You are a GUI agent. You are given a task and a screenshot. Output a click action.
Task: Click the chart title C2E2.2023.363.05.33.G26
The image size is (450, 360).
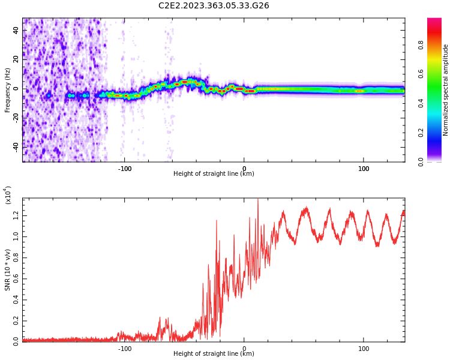pyautogui.click(x=214, y=5)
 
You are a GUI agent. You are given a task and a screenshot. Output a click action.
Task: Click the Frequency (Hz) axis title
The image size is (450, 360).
pyautogui.click(x=8, y=90)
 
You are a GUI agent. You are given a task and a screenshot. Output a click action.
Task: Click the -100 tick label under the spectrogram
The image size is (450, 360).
pyautogui.click(x=124, y=169)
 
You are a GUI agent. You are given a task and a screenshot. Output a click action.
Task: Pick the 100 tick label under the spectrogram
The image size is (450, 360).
pyautogui.click(x=364, y=169)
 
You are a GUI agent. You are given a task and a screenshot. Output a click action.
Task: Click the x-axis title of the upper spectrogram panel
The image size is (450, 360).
pyautogui.click(x=214, y=174)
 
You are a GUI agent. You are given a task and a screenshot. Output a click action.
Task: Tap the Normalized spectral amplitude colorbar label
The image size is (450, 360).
pyautogui.click(x=446, y=90)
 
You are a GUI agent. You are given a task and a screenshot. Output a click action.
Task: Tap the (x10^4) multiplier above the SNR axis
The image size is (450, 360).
pyautogui.click(x=8, y=195)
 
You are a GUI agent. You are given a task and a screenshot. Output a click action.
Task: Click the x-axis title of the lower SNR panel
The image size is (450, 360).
pyautogui.click(x=214, y=353)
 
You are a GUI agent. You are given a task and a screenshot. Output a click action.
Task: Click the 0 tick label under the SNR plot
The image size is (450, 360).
pyautogui.click(x=244, y=348)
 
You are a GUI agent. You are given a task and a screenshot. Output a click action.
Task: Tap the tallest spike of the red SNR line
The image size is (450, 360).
pyautogui.click(x=258, y=200)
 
